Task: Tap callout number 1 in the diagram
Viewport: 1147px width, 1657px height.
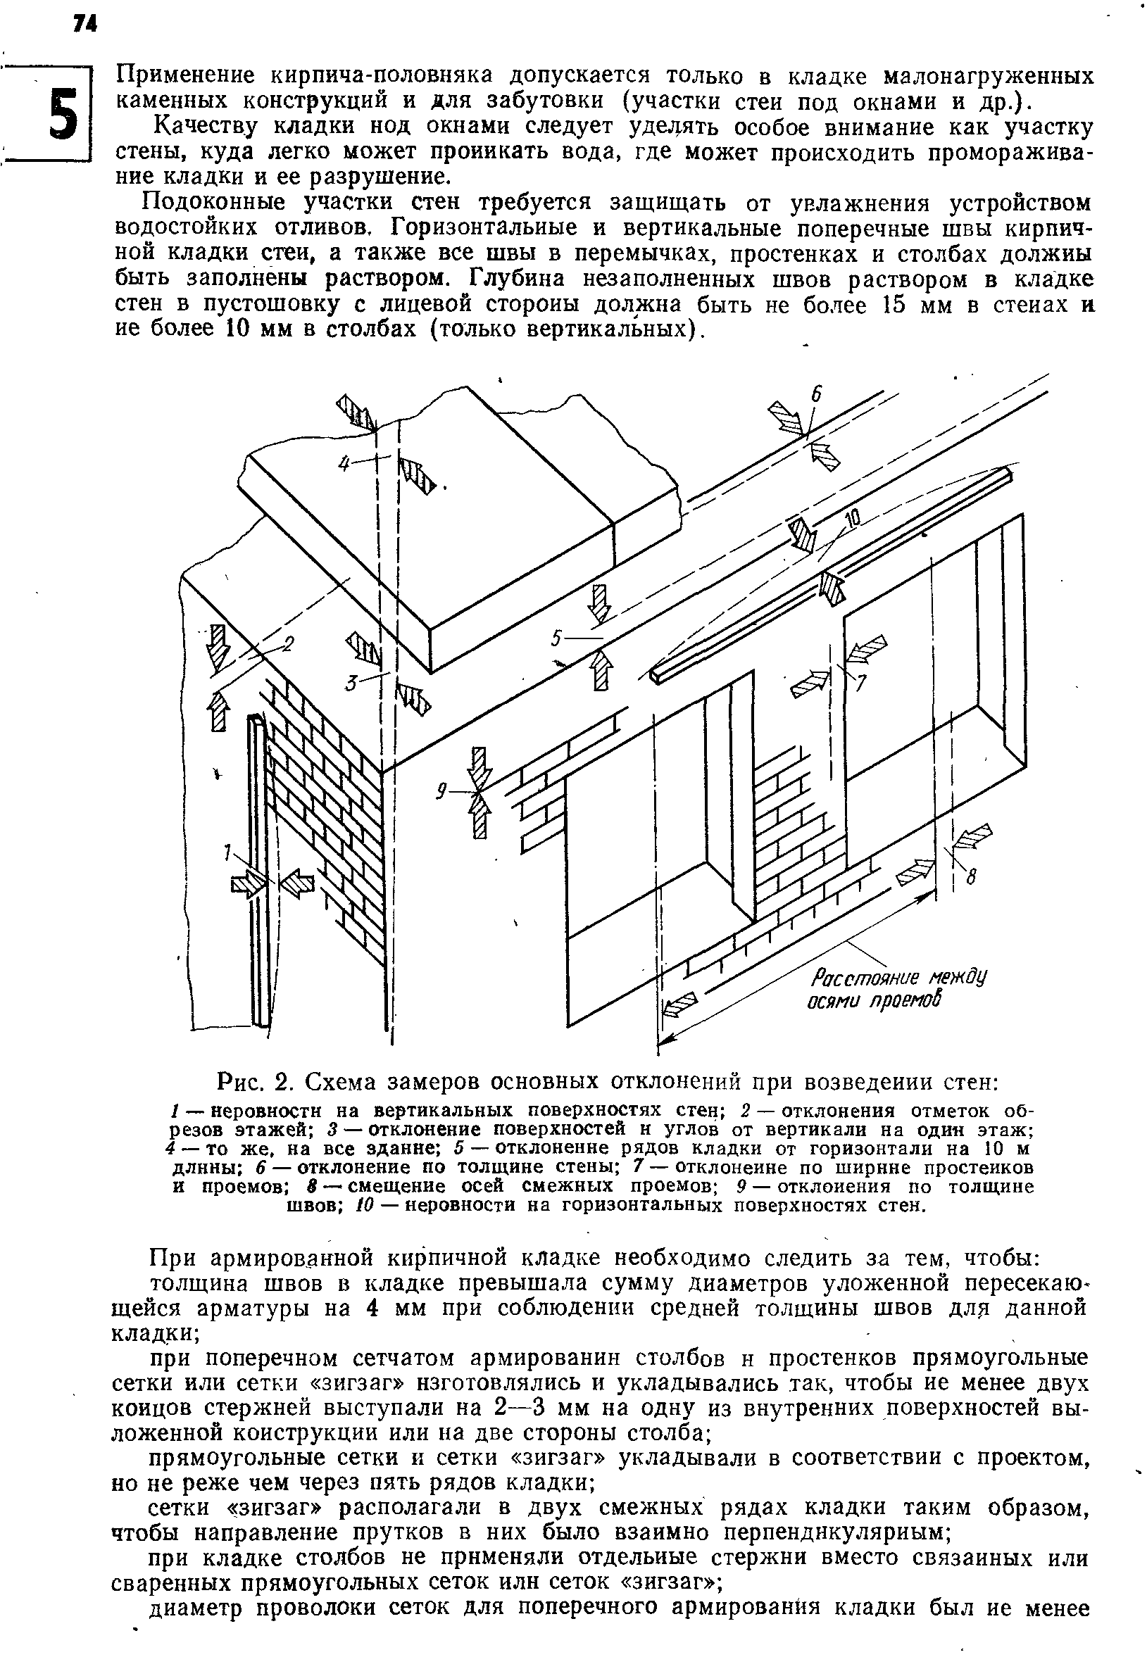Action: pos(228,852)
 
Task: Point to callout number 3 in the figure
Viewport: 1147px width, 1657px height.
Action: pos(351,683)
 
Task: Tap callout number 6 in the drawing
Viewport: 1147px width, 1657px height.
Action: pos(816,394)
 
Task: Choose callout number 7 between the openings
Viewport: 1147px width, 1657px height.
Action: pos(860,683)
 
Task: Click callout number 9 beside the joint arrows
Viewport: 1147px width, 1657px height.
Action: pos(444,791)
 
